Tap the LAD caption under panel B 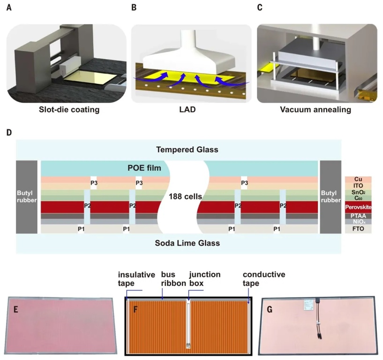pyautogui.click(x=190, y=111)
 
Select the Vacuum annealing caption pyautogui.click(x=316, y=111)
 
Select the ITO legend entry pyautogui.click(x=358, y=186)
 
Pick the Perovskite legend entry pyautogui.click(x=358, y=206)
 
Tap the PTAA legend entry pyautogui.click(x=358, y=215)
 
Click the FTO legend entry pyautogui.click(x=358, y=229)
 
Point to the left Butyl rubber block pyautogui.click(x=27, y=196)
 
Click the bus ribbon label pyautogui.click(x=170, y=278)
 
